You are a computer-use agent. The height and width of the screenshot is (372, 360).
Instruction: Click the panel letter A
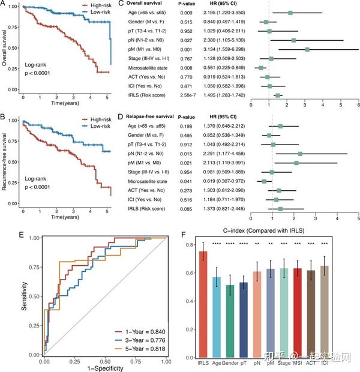(4, 5)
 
